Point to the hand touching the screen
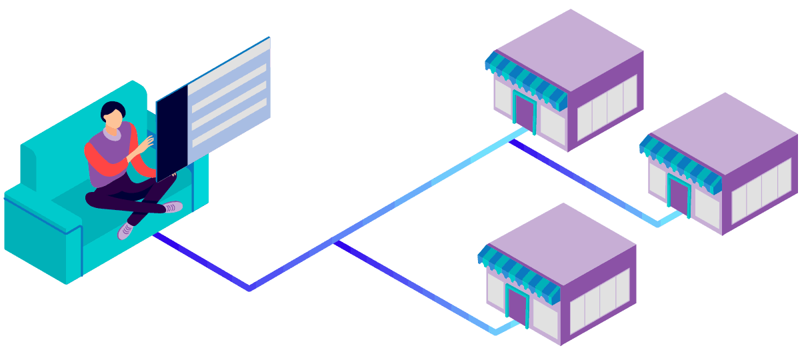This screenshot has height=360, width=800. pos(146,143)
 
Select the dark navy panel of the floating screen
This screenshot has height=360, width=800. pos(171,133)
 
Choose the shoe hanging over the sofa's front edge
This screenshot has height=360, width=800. pos(126,230)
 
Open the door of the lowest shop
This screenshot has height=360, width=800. pos(517,305)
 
